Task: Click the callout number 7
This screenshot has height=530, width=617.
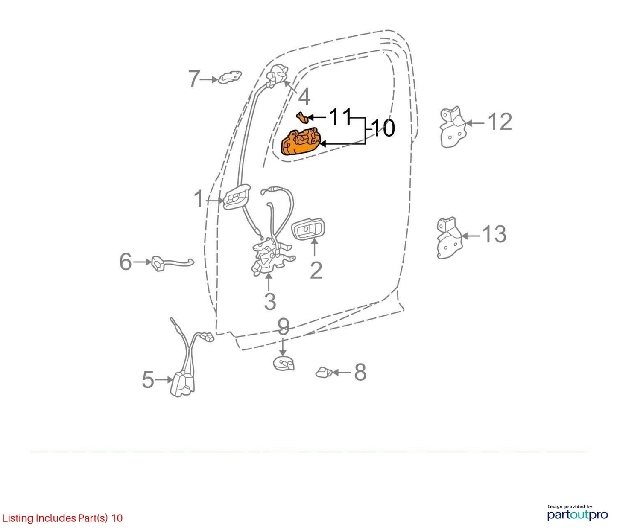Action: (x=194, y=79)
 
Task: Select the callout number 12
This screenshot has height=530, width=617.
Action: (x=500, y=122)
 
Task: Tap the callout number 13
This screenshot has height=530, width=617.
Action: (x=494, y=234)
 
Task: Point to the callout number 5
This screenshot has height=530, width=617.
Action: (x=148, y=380)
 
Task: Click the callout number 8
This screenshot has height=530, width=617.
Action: (x=360, y=372)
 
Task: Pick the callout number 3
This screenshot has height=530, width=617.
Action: (x=270, y=301)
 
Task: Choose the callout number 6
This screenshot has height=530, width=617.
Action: (x=126, y=262)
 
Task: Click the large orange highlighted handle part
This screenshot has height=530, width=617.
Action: (x=301, y=142)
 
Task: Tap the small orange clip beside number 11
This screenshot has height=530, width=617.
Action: (x=302, y=116)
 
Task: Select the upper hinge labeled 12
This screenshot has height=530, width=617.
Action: (x=453, y=127)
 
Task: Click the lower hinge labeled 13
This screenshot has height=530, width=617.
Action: (x=449, y=238)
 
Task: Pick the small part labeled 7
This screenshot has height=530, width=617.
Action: (x=230, y=77)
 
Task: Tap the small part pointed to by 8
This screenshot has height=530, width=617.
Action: (x=324, y=373)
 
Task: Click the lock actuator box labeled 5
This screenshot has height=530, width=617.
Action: (x=182, y=384)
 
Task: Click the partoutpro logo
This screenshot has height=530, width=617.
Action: (x=577, y=515)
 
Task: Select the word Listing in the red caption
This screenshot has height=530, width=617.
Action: (x=18, y=518)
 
